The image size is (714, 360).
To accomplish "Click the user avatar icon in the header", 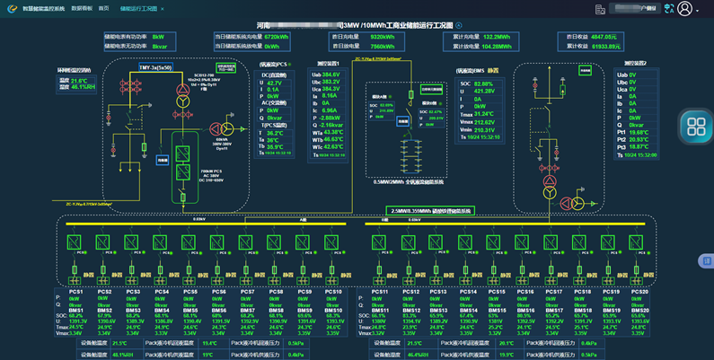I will click(686, 8).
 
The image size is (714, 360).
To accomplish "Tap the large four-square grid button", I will click(696, 126).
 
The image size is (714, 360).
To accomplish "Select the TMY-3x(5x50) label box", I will click(156, 67).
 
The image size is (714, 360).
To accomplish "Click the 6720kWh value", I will click(277, 37).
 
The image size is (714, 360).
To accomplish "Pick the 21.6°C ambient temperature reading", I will click(78, 81).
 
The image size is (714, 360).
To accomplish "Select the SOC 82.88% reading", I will click(485, 83).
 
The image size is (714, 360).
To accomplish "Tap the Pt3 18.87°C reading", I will click(639, 146).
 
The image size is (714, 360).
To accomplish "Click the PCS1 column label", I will click(76, 292).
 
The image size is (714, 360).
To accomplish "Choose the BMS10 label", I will click(333, 311).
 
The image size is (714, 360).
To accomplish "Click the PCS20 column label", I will click(639, 292).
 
